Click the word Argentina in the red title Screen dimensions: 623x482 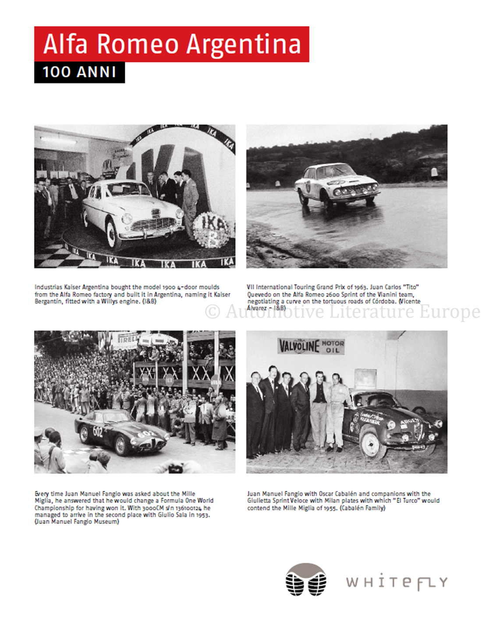point(244,45)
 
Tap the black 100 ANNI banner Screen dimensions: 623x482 point(79,72)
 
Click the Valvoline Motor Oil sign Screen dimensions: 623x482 point(311,346)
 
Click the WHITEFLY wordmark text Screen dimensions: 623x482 point(397,582)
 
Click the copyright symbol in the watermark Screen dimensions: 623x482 point(213,311)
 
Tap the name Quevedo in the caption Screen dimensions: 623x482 point(259,294)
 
